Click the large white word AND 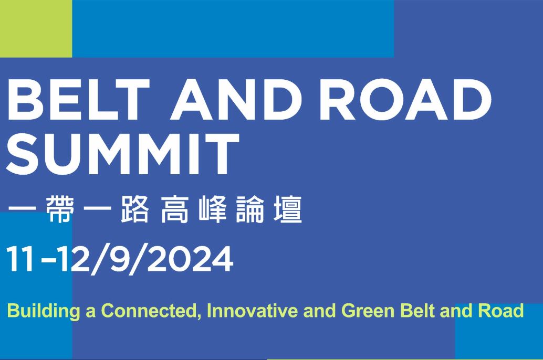236,99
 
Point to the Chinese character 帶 60,209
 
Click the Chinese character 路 135,209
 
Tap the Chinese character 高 175,209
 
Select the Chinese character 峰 213,209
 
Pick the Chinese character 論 250,209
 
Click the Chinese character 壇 288,209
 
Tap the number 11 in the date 20,259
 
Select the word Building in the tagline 44,311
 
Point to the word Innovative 252,311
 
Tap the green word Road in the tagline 501,311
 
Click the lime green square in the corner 36,28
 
